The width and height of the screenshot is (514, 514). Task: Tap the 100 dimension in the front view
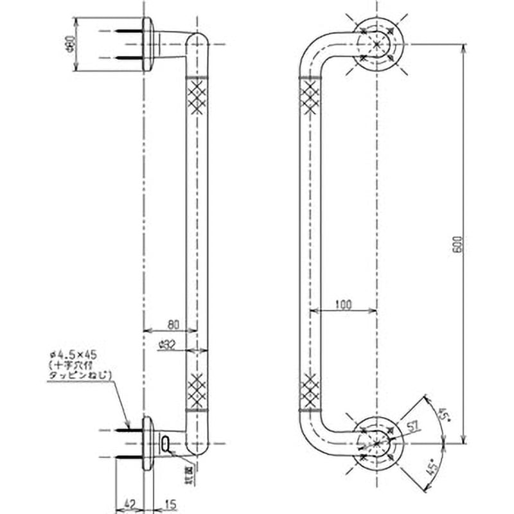coord(343,305)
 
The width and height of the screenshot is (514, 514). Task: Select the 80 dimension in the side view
coord(173,324)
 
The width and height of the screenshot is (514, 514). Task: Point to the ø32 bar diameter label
coord(168,344)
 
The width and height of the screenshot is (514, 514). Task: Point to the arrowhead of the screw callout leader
coord(128,428)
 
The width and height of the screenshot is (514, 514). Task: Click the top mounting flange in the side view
coord(148,44)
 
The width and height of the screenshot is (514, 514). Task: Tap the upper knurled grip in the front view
coord(310,96)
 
